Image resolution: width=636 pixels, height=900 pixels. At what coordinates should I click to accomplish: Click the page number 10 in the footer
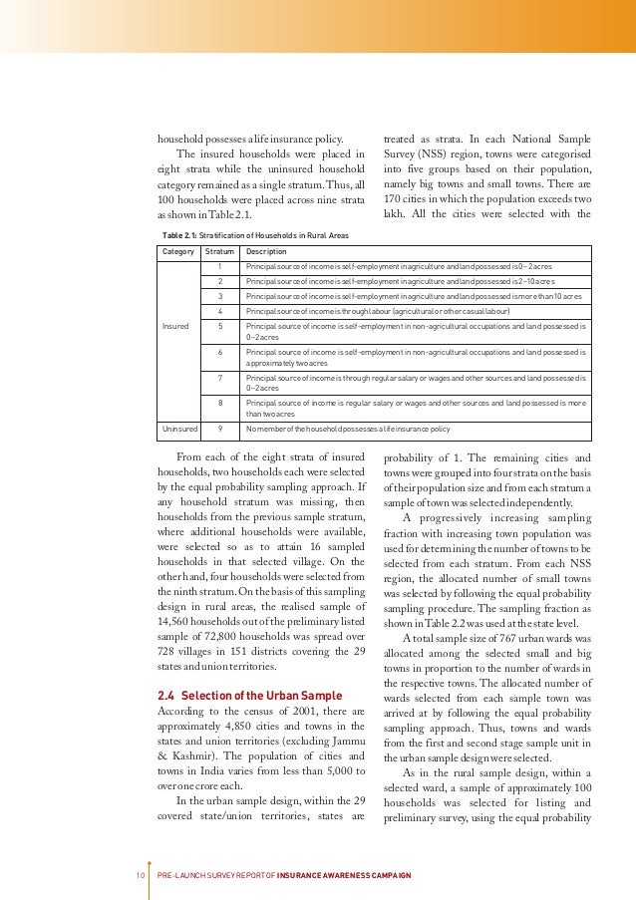pos(141,874)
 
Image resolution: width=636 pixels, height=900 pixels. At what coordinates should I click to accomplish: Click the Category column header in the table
pos(178,252)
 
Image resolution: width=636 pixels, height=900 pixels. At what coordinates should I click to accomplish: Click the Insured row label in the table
pos(174,326)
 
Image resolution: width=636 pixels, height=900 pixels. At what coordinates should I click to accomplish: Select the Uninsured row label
pos(179,429)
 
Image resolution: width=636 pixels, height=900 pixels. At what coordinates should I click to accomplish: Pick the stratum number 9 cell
pos(219,429)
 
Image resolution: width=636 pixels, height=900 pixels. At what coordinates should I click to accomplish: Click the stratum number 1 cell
pos(219,267)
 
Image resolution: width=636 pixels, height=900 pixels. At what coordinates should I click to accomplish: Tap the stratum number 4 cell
pos(219,310)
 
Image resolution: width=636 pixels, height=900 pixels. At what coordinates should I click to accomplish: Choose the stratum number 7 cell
pos(219,378)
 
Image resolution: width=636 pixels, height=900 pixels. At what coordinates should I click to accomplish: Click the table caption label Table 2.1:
pos(178,234)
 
